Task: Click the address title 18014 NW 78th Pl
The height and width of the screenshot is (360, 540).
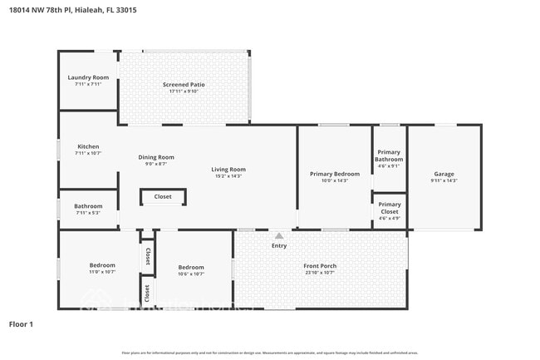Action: [72, 11]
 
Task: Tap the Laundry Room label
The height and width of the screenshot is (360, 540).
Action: [88, 77]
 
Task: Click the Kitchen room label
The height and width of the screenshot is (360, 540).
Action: [88, 146]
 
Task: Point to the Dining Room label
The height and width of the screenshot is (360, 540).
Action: [156, 157]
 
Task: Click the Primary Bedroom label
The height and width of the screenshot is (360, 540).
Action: [335, 174]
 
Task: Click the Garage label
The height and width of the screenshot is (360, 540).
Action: [444, 173]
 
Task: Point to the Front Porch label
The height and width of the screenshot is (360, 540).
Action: [321, 266]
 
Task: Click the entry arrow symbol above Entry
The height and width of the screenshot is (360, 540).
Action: [279, 236]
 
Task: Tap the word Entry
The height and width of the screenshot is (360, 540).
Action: [279, 245]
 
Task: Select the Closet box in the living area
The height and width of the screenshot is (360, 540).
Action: [163, 197]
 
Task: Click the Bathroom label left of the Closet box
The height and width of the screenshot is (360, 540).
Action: [88, 206]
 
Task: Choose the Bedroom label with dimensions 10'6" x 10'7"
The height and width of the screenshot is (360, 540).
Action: [191, 267]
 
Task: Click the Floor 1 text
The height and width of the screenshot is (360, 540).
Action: [21, 323]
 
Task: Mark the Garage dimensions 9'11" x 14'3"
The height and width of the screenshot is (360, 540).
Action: [444, 180]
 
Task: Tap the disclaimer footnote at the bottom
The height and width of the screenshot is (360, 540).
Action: [270, 353]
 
